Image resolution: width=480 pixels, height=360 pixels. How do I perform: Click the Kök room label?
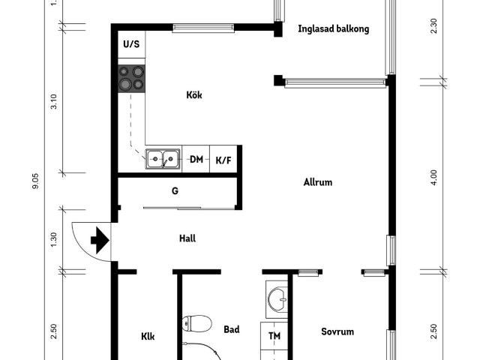point(194,95)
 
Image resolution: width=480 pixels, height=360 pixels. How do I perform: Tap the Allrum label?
point(317,182)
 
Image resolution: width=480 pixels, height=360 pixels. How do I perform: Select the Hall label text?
point(187,239)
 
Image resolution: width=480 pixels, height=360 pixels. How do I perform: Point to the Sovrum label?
point(337,331)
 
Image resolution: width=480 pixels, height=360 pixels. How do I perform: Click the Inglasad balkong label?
point(333,30)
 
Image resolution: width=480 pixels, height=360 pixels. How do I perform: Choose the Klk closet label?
point(148,337)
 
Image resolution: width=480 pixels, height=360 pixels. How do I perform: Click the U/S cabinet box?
point(131,44)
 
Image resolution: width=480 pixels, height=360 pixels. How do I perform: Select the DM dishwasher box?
point(196,159)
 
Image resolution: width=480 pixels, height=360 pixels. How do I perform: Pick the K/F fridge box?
point(223,159)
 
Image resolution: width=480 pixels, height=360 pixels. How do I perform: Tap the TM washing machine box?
point(274,335)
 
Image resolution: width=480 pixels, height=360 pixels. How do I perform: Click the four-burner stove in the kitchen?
point(131,78)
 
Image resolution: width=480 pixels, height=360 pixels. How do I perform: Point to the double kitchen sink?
point(162,158)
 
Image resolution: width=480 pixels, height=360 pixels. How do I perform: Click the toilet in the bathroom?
point(196,324)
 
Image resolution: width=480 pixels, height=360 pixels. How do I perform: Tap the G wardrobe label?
point(175,190)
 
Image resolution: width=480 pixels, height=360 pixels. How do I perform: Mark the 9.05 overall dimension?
point(35,182)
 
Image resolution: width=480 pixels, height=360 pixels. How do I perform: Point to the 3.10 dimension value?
point(53,103)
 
